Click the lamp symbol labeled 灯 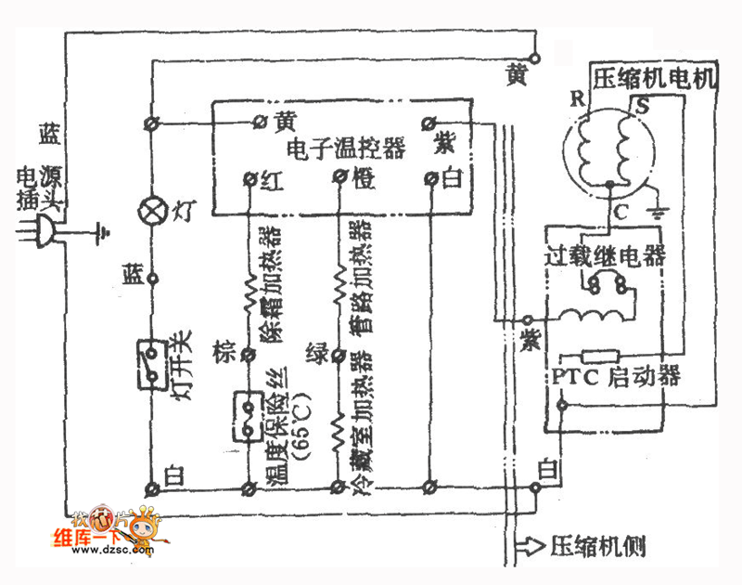tap(151, 209)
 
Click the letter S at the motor tap(640, 106)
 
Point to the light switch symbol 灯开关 tap(151, 365)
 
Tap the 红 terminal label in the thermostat tap(271, 181)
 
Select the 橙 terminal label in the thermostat tap(364, 181)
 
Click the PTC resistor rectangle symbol tap(597, 356)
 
